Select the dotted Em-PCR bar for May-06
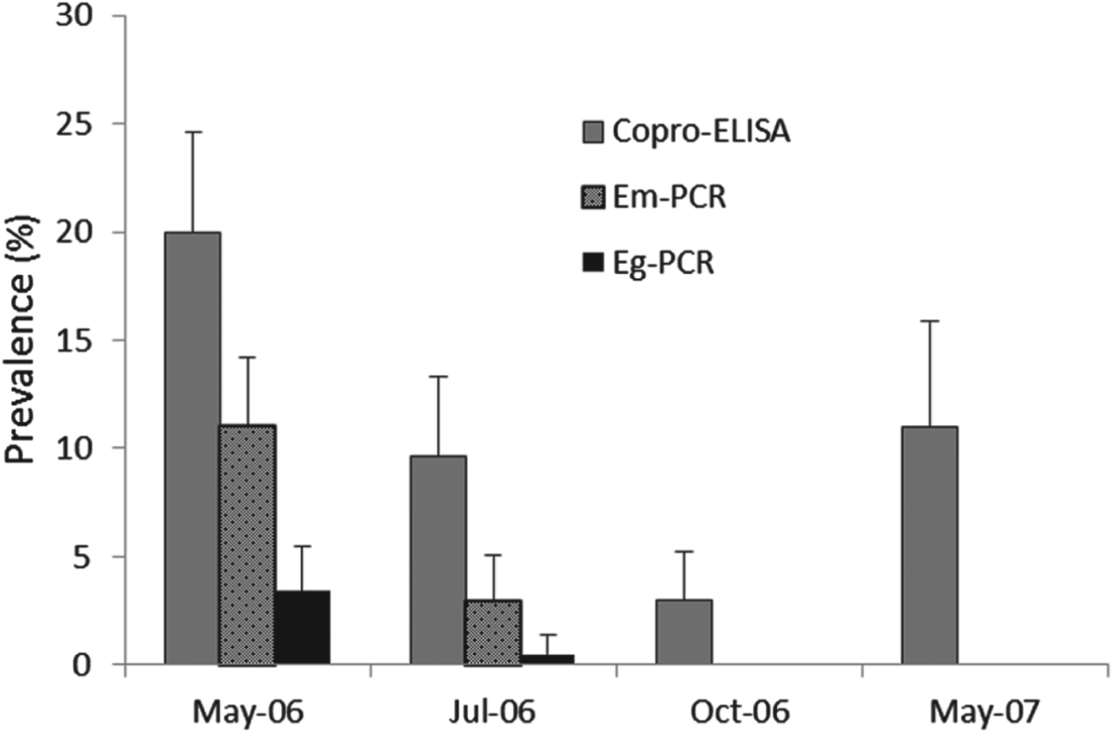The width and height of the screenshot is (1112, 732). (x=247, y=544)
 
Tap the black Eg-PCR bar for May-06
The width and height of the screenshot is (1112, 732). (x=302, y=627)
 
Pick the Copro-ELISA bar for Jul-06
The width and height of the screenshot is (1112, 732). (x=438, y=560)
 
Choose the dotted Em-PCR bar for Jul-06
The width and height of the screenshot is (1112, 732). (x=492, y=632)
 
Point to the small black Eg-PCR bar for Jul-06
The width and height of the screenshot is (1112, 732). (x=547, y=659)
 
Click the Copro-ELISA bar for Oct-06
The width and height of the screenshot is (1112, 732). (x=684, y=632)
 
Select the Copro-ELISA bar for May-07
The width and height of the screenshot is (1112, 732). (x=929, y=545)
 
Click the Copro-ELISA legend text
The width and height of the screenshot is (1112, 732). (x=701, y=131)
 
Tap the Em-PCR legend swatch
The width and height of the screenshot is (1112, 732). (x=593, y=196)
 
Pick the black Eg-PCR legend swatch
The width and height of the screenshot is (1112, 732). (x=593, y=262)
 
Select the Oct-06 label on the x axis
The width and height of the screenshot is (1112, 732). (x=739, y=711)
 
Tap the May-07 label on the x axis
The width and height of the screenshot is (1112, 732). (x=985, y=711)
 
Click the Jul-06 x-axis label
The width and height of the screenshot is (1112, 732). (x=492, y=711)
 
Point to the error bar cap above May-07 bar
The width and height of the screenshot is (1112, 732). (x=929, y=321)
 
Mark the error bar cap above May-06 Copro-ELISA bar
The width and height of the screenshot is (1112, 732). (x=192, y=132)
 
